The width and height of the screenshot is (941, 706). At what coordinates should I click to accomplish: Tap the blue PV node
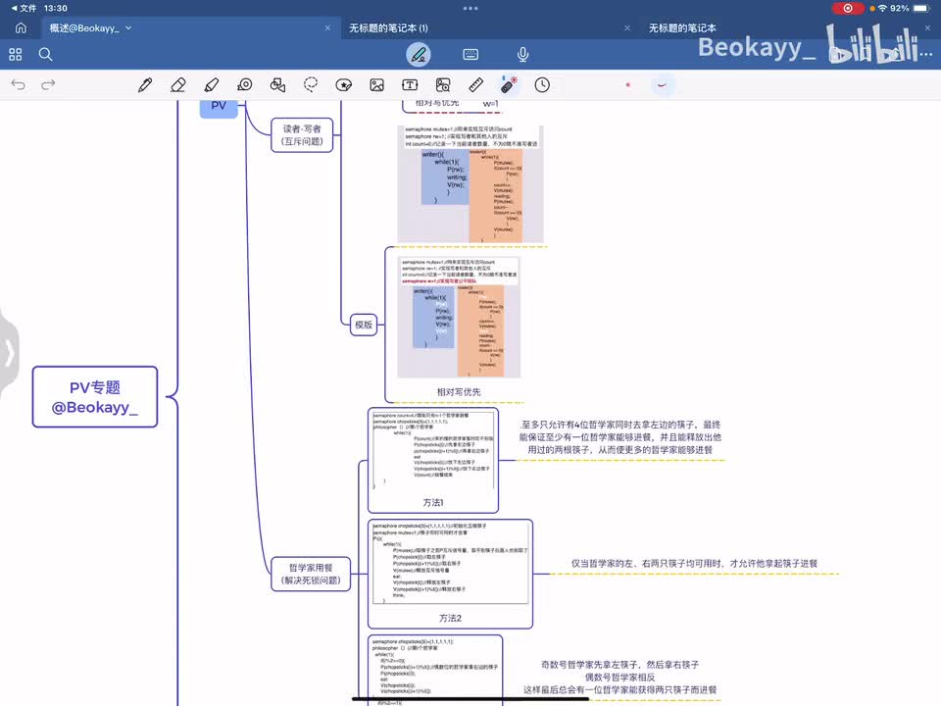pyautogui.click(x=219, y=106)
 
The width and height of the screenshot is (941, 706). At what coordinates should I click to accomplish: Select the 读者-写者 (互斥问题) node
pyautogui.click(x=303, y=134)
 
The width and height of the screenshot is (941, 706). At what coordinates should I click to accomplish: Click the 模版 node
pyautogui.click(x=364, y=325)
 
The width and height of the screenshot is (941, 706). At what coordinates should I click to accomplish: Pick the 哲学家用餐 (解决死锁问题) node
pyautogui.click(x=310, y=574)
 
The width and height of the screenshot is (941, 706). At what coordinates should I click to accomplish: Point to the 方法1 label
pyautogui.click(x=433, y=502)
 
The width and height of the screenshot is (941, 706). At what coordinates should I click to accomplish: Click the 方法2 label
pyautogui.click(x=450, y=618)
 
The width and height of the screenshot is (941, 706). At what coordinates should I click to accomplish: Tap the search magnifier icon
pyautogui.click(x=46, y=54)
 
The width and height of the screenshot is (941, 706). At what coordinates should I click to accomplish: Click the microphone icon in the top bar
pyautogui.click(x=523, y=54)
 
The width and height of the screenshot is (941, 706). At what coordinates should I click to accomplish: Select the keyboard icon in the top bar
pyautogui.click(x=470, y=54)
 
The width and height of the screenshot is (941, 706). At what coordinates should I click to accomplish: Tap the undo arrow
pyautogui.click(x=18, y=85)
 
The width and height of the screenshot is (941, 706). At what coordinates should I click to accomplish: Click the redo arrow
pyautogui.click(x=48, y=85)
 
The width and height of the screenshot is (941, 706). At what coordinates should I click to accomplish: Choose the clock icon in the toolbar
pyautogui.click(x=542, y=85)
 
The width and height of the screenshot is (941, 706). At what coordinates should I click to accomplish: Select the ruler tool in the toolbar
pyautogui.click(x=476, y=85)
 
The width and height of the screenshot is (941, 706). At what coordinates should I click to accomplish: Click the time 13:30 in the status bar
pyautogui.click(x=56, y=8)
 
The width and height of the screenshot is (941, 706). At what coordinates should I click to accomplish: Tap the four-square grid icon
pyautogui.click(x=16, y=54)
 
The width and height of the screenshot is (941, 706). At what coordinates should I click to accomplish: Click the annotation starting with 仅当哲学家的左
pyautogui.click(x=694, y=564)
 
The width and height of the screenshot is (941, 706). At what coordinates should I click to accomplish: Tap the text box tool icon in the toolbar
pyautogui.click(x=410, y=85)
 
